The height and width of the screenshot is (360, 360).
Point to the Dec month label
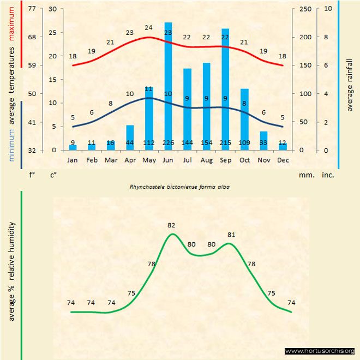coord(283,160)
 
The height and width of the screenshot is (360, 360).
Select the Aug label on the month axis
coord(206,160)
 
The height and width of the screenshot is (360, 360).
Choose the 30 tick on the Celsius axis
coord(52,9)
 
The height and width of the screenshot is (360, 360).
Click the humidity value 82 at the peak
coord(172,225)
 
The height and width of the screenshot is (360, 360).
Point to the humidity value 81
coord(231,235)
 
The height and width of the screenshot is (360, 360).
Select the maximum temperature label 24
coord(148,27)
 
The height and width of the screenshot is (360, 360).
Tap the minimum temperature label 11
coord(148,88)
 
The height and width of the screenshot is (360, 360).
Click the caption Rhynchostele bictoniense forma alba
coord(179,186)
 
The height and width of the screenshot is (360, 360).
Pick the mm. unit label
coord(305,176)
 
